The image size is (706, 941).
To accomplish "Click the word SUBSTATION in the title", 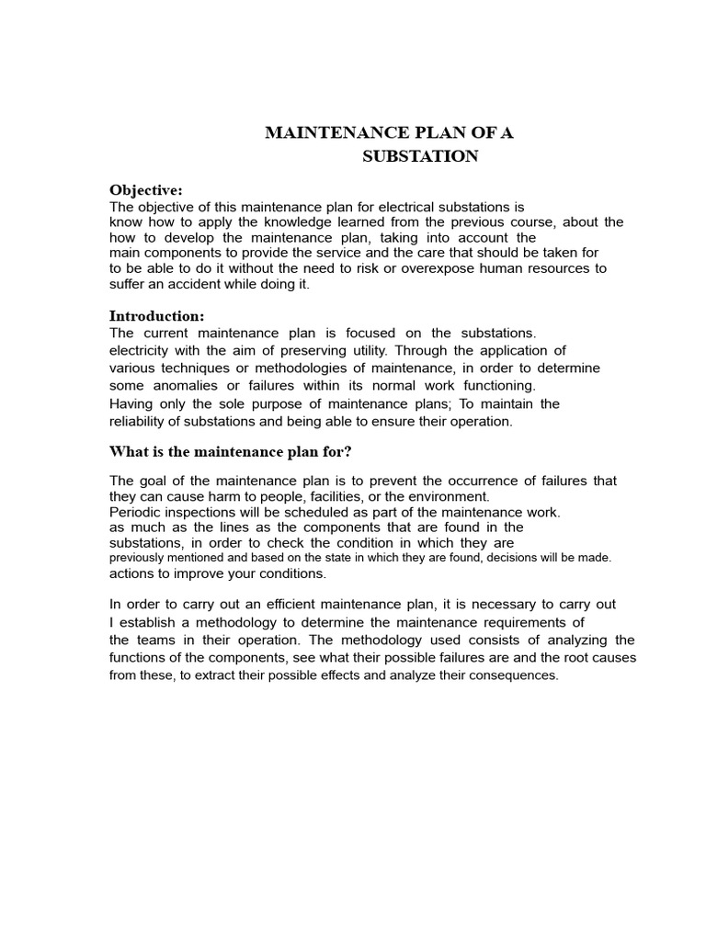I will [420, 156].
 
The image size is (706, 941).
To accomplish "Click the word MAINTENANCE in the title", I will [328, 132].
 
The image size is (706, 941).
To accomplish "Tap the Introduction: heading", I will [156, 316].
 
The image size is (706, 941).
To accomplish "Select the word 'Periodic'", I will [134, 512].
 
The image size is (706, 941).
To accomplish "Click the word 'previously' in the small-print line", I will [138, 558].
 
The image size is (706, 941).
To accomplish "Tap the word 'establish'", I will [146, 622].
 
